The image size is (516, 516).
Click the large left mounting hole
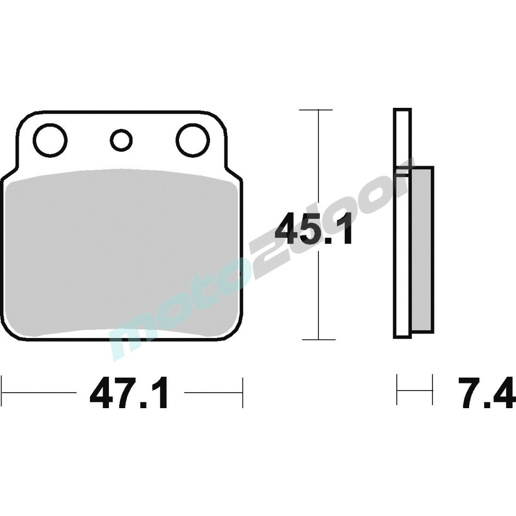[50, 140]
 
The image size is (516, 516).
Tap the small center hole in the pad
[121, 140]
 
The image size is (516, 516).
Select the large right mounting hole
[192, 140]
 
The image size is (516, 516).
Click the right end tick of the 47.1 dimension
[242, 392]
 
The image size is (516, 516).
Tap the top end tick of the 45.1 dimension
[317, 110]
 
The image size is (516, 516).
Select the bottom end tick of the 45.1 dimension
[318, 340]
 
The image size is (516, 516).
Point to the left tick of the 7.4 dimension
[397, 391]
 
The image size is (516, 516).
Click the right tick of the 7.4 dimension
[432, 391]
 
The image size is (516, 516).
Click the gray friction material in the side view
[422, 248]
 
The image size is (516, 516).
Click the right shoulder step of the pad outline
[232, 172]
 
